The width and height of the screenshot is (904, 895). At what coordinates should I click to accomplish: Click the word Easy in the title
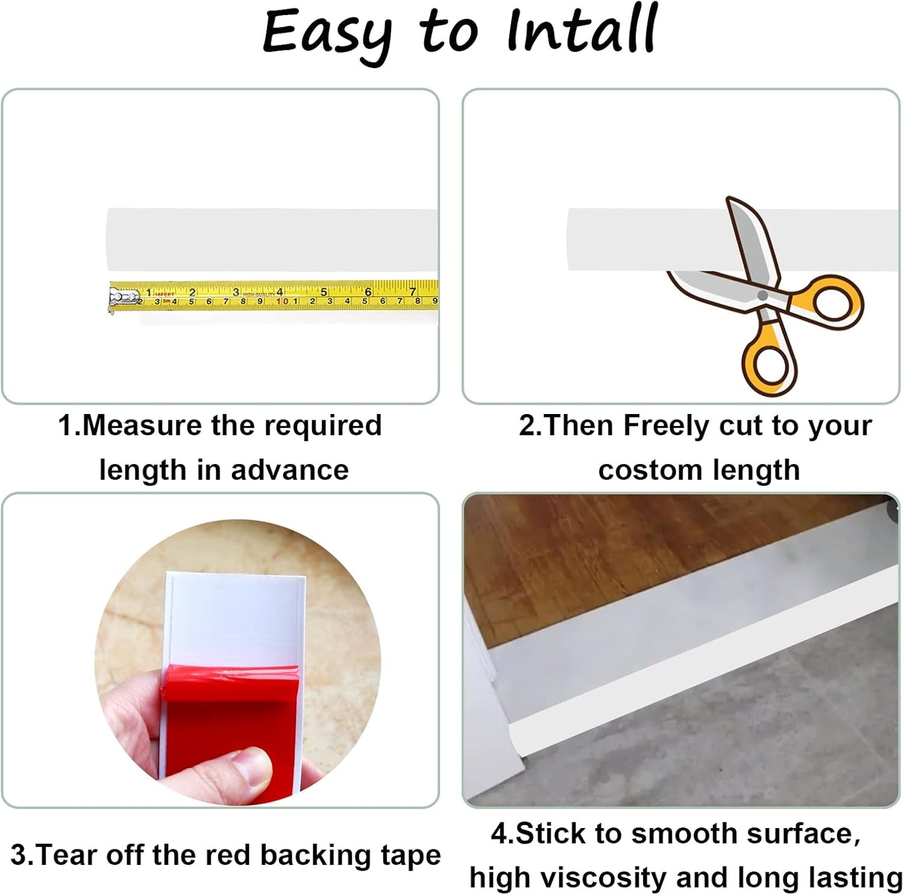pyautogui.click(x=325, y=33)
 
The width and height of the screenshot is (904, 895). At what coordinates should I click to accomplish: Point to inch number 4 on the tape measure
pyautogui.click(x=280, y=291)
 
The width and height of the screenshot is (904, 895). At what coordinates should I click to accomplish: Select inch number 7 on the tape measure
pyautogui.click(x=412, y=291)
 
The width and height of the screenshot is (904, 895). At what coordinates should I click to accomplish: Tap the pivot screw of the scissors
pyautogui.click(x=762, y=295)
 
